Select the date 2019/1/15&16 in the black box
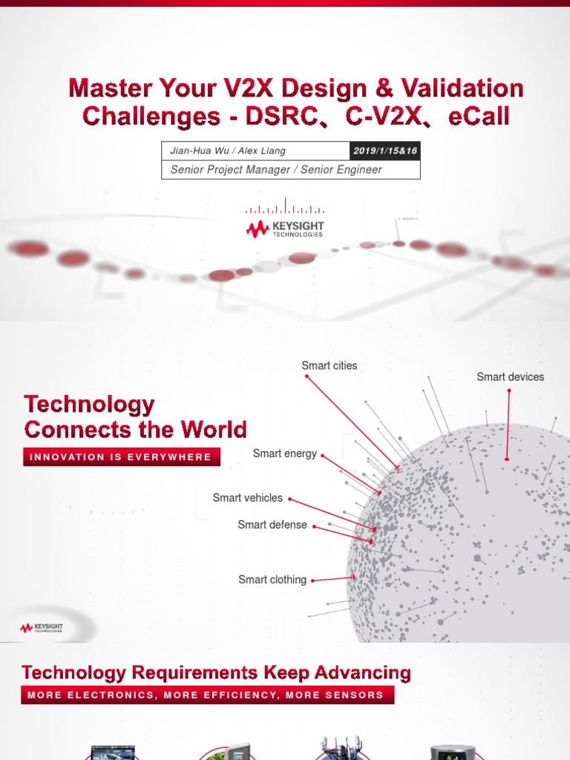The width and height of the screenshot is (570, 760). (385, 151)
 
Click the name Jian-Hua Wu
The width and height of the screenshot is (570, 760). (194, 151)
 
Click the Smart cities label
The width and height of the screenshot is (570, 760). (329, 366)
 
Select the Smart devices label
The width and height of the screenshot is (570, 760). (510, 377)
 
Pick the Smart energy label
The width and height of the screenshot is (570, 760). (284, 453)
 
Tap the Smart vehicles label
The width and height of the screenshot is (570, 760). (247, 498)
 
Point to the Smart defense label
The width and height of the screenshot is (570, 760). (272, 525)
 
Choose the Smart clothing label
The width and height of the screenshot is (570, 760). (272, 580)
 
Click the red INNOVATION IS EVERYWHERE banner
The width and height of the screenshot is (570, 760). (122, 457)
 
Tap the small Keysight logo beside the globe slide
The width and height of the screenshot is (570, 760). (42, 629)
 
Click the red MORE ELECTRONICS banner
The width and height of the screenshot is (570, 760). (207, 695)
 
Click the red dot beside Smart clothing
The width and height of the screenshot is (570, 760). (314, 580)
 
